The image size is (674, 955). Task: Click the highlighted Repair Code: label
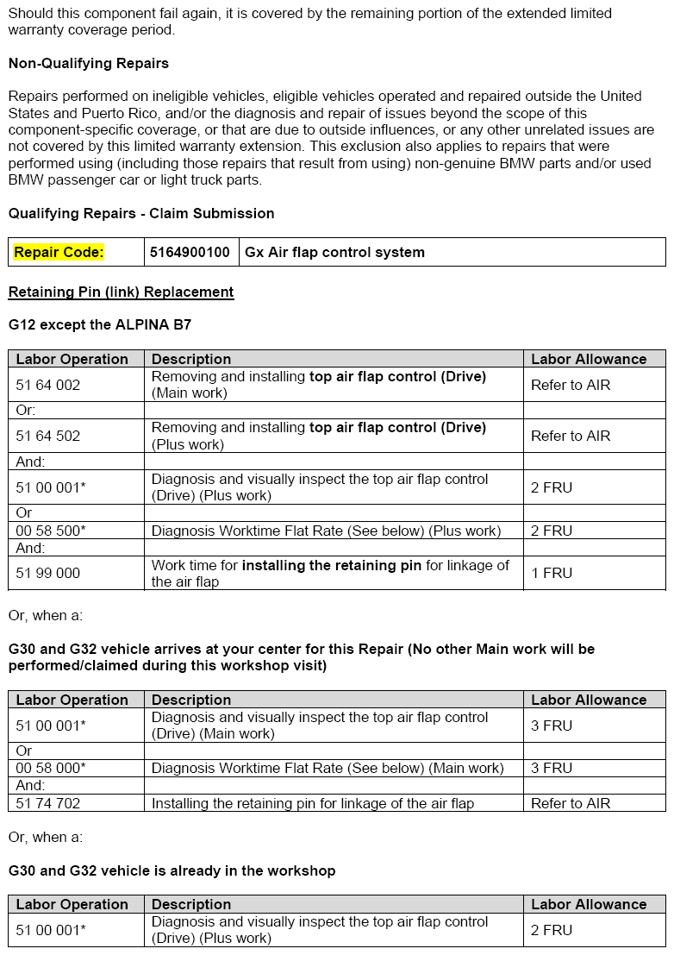(59, 252)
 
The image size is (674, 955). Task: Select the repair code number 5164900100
(190, 252)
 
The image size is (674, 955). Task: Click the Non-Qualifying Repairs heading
(89, 63)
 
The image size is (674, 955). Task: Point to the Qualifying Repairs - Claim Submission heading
(141, 213)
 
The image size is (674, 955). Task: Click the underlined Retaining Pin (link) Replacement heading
(121, 292)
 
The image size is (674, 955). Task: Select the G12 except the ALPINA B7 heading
(100, 325)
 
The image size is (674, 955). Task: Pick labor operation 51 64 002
(48, 385)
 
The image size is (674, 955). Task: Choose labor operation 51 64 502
(48, 436)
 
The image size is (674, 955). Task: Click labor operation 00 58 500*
(51, 531)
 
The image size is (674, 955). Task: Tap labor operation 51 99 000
(48, 573)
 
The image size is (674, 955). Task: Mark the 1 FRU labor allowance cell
(552, 573)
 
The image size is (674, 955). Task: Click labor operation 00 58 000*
(51, 768)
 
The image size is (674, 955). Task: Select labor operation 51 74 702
(48, 803)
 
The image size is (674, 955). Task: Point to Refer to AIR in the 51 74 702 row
(571, 803)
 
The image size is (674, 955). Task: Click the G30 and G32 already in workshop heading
(172, 870)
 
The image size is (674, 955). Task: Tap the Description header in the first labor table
(191, 359)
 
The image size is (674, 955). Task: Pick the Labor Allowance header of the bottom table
(589, 904)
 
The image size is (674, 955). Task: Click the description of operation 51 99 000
(330, 573)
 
